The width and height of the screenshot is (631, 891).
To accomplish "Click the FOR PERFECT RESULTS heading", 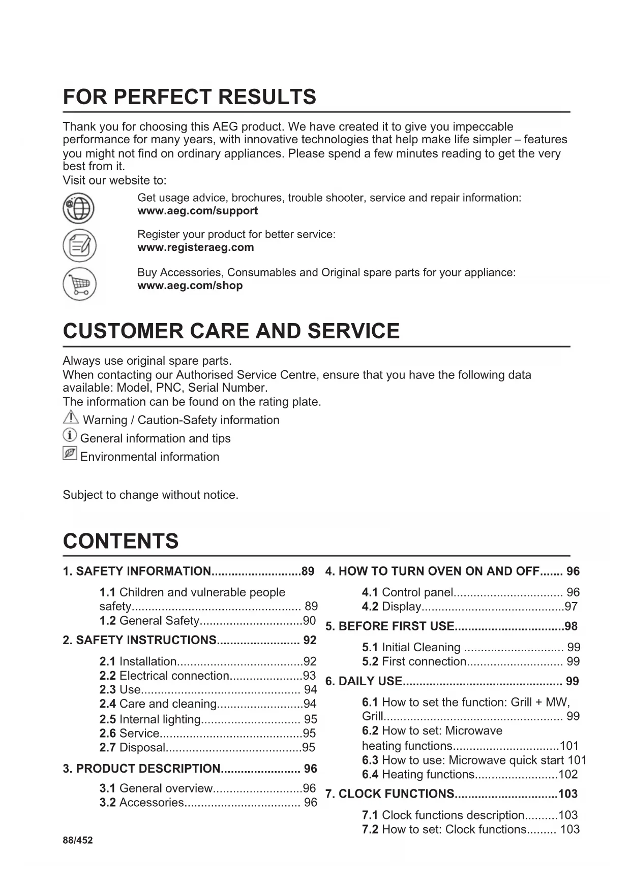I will pos(189,97).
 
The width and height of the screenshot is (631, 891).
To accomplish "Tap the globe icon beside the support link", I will pos(78,208).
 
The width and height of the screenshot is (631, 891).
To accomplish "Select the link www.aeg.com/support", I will pos(197,211).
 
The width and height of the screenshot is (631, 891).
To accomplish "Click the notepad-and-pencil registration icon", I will pos(79,246).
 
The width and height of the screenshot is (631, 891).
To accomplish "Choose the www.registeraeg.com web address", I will pos(195,247).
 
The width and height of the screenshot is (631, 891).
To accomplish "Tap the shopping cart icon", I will pos(79,283).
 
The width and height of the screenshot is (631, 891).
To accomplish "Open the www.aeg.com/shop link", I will pos(190,285).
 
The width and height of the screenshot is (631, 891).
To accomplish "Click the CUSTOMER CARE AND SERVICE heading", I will pos(231,331).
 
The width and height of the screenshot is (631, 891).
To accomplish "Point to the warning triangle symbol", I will pos(71,418).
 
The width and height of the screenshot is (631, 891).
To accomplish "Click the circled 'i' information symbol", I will pos(70,436).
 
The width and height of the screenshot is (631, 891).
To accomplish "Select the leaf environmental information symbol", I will pos(70,453).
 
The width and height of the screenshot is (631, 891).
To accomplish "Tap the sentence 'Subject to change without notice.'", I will pos(151,495).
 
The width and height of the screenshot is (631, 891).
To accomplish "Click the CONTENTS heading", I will pos(121,542).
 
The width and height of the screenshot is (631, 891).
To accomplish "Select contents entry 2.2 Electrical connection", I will pos(174,676).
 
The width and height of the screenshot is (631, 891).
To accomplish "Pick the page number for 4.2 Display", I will pos(571,607).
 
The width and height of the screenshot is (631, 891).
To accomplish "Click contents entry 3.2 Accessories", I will pos(151,803).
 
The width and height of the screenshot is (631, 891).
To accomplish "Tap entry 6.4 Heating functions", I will pos(428,775).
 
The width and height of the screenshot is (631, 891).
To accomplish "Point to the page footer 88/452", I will pos(78,840).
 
